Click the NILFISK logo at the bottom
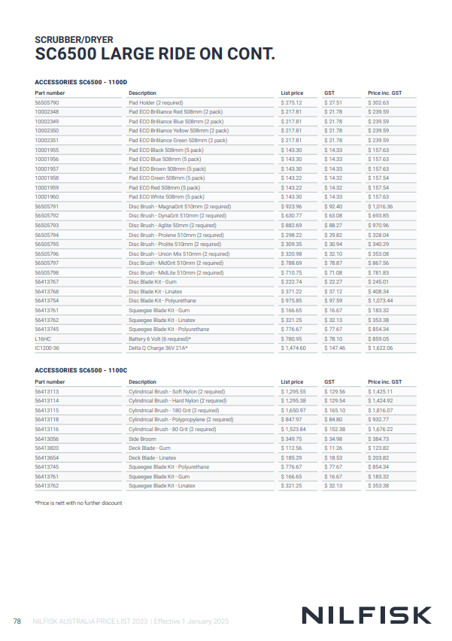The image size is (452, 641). click(x=366, y=615)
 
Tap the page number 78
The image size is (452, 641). click(x=18, y=621)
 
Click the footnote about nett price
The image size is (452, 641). click(x=78, y=503)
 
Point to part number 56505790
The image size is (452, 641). click(x=47, y=102)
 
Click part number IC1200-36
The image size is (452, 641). click(x=47, y=348)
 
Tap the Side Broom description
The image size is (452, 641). click(x=142, y=439)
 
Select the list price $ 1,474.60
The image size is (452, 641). click(x=294, y=348)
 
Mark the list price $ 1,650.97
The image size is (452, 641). click(x=294, y=410)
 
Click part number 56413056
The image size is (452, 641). click(x=47, y=439)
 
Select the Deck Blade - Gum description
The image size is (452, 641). click(x=149, y=448)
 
